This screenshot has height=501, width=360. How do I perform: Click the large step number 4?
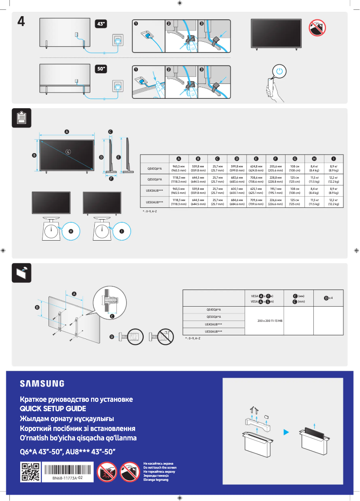(x=21, y=21)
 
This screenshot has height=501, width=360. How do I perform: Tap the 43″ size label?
(x=101, y=23)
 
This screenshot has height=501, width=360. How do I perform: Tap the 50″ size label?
(x=101, y=69)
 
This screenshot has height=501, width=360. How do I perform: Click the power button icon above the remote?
(x=280, y=71)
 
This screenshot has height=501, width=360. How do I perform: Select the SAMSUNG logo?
(x=42, y=383)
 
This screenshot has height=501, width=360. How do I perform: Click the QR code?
(x=30, y=472)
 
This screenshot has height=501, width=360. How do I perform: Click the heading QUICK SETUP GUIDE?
(x=53, y=409)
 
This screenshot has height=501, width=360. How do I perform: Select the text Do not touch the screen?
(x=160, y=467)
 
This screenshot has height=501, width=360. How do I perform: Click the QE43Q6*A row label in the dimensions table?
(x=154, y=168)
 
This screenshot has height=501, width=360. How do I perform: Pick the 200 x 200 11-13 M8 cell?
(x=270, y=321)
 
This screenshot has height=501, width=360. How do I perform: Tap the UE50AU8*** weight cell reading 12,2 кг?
(x=334, y=202)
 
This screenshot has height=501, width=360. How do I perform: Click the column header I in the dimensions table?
(x=334, y=159)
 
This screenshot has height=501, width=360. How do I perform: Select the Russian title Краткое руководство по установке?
(x=76, y=399)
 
